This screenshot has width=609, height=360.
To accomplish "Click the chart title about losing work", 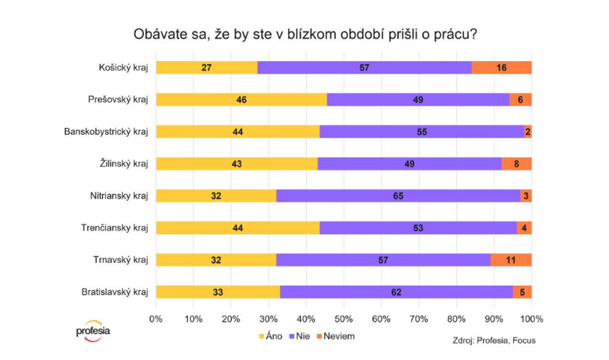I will coord(304,34).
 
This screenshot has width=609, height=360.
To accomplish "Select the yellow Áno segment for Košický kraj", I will coord(206,67).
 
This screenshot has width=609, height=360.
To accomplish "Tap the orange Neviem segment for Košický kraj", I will coord(501,67).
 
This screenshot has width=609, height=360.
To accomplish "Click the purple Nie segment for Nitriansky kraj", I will coord(398,195).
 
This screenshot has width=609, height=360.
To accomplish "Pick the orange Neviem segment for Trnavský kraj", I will coord(510,259).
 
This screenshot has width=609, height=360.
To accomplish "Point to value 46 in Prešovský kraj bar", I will coord(241,99).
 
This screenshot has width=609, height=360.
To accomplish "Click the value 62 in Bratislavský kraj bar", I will coord(397,292).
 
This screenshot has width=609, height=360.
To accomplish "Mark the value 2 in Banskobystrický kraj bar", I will coord(528,132).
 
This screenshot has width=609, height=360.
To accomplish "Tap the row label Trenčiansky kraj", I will coord(114,227).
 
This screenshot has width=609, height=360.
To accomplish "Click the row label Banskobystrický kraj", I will coord(106,131).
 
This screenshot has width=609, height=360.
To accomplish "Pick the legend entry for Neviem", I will coord(336,336).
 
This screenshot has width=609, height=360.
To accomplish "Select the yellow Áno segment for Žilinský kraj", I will coord(237,164).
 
